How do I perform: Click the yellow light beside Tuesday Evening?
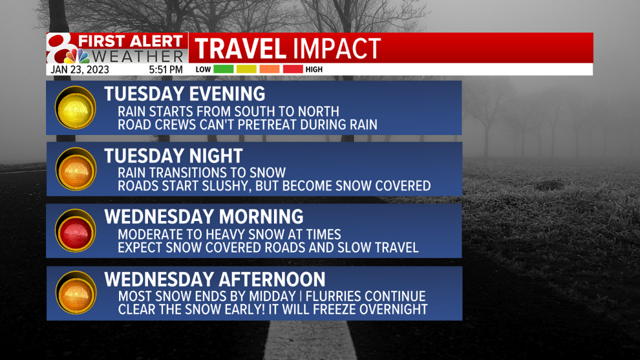pos(76,108)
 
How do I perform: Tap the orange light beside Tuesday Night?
pos(76,169)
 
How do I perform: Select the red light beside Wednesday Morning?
pos(76,231)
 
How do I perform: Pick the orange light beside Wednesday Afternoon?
pos(76,293)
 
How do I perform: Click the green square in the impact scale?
pos(223,69)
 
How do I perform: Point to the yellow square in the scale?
pos(246,69)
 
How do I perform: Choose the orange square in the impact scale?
pos(270,69)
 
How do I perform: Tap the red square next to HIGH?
pos(293,69)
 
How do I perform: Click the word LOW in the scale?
pos(203,69)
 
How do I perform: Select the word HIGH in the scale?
pos(314,69)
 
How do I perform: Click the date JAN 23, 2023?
pos(80,70)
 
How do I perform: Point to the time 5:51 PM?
pos(165,70)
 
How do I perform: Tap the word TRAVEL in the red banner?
pos(240,48)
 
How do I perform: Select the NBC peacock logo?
pos(77,56)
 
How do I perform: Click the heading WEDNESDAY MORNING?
pos(204,217)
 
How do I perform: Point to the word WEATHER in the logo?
pos(138,56)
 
